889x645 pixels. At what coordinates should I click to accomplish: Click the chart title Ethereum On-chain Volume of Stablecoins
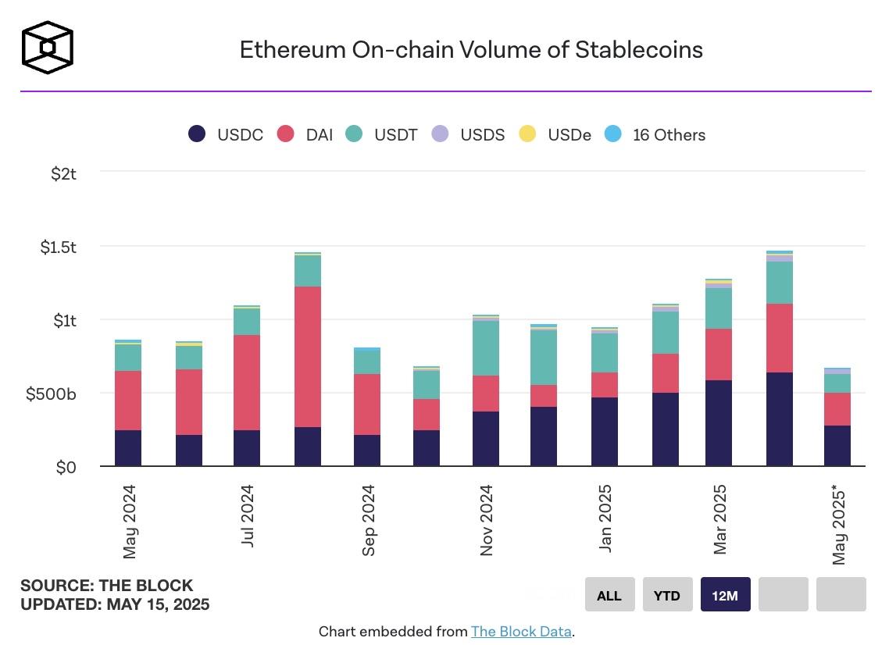[470, 50]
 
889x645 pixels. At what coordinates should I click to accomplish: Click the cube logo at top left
[48, 47]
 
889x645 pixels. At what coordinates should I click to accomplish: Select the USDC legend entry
[226, 134]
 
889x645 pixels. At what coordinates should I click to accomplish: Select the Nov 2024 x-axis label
[487, 520]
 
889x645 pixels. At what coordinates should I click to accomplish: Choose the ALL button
[609, 595]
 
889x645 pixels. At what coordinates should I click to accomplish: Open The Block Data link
[521, 631]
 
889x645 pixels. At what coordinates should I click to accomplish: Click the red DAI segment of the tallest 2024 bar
[308, 356]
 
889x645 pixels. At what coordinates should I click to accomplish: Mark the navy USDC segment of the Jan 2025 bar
[603, 432]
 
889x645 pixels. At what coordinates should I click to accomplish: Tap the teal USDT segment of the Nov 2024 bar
[485, 348]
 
